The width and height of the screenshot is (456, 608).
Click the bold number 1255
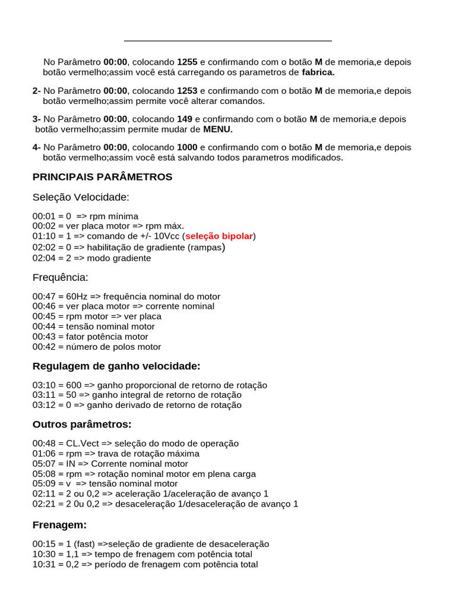point(187,62)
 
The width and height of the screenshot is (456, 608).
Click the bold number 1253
point(187,91)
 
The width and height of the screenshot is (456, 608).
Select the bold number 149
point(185,119)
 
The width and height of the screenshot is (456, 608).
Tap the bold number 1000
point(187,147)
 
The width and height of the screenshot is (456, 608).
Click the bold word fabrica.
point(318,72)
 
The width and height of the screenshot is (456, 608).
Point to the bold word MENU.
point(218,129)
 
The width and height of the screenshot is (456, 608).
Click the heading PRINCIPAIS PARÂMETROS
point(102,177)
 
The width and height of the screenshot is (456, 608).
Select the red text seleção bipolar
point(219,236)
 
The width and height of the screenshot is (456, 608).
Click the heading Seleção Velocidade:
point(81,197)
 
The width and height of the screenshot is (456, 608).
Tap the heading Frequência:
point(60,277)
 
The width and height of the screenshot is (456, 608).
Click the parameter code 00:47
point(44,296)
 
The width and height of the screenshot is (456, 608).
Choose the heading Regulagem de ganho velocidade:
point(116,366)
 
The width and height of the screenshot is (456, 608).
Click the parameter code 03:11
point(44,395)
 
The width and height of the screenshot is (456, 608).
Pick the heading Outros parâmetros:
point(82,425)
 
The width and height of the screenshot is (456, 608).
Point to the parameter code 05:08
point(44,474)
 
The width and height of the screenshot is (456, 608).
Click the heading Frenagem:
point(59,525)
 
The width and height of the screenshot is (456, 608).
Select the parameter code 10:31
point(44,564)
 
